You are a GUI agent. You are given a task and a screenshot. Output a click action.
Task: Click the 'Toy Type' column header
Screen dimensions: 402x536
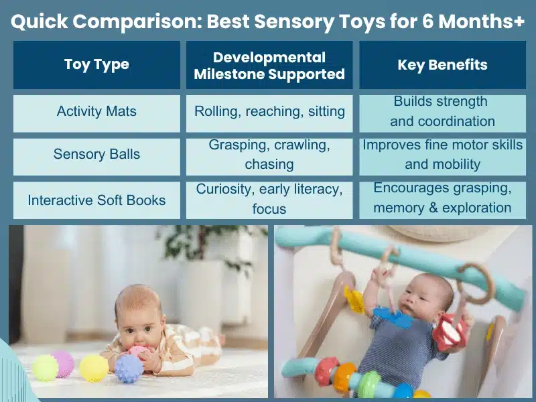point(96,65)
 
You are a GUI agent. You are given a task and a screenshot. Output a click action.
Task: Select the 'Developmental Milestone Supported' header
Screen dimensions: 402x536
point(269,65)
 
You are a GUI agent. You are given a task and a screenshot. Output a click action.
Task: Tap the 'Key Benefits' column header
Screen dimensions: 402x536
point(442,65)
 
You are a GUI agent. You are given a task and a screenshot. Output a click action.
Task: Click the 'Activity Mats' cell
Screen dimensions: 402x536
point(96,111)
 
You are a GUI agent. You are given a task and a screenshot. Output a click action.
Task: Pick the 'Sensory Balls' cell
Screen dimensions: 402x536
point(96,154)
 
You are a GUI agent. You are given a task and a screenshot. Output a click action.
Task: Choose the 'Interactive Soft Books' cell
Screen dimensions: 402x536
point(96,200)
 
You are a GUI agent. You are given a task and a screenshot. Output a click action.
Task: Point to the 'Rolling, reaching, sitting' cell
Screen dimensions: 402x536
point(269,111)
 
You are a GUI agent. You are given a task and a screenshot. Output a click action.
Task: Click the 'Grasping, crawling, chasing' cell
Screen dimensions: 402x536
point(269,154)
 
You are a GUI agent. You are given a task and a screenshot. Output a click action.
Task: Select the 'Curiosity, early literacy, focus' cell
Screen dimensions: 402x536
point(269,199)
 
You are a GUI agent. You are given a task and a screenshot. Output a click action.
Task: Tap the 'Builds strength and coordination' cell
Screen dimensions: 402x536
point(442,111)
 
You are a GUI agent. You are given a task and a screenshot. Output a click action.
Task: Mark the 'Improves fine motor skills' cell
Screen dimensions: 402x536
point(442,154)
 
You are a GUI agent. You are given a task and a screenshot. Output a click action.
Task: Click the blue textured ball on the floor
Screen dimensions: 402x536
point(129,368)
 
